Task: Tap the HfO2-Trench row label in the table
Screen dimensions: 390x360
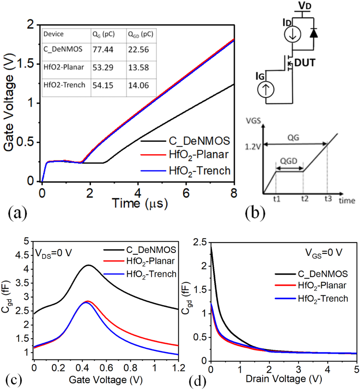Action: (x=65, y=86)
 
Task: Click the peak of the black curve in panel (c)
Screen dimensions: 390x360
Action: (x=88, y=265)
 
